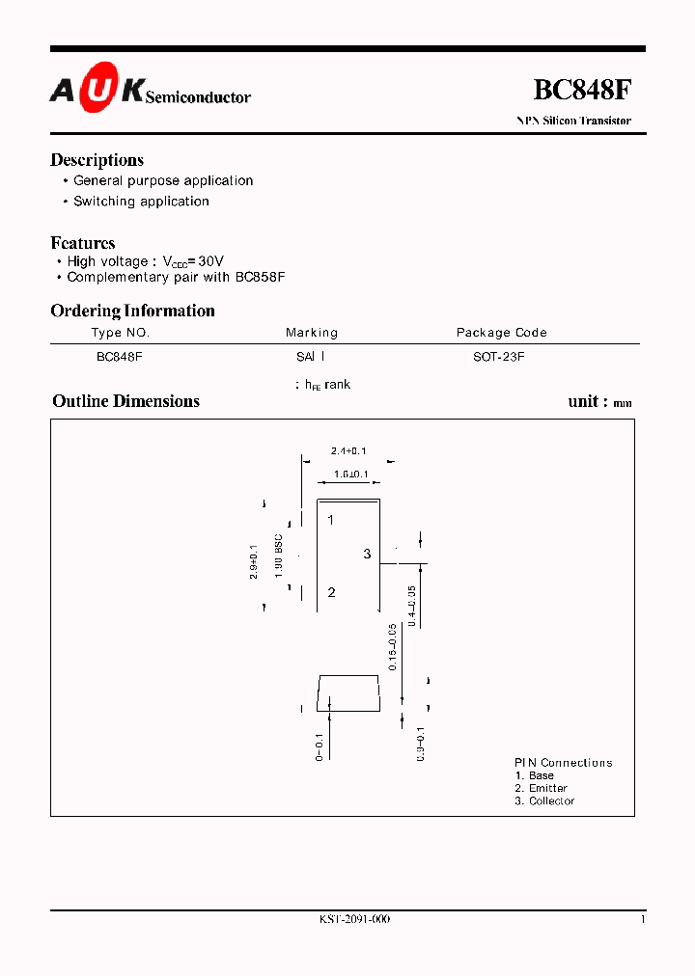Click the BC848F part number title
(x=583, y=90)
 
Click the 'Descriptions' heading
(x=97, y=160)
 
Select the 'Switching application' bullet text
(x=141, y=202)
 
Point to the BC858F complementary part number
(x=261, y=277)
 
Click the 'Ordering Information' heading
(x=132, y=311)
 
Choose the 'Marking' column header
(x=312, y=333)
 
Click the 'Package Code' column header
(x=501, y=333)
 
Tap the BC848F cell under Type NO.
(x=120, y=356)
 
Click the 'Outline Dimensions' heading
(x=125, y=401)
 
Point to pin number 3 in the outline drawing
(x=367, y=554)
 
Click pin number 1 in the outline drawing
(x=330, y=521)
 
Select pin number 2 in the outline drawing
(x=331, y=592)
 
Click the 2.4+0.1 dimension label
(x=348, y=451)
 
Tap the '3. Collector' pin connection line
(x=544, y=801)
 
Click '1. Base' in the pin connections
(x=535, y=776)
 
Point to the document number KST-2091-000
(x=354, y=919)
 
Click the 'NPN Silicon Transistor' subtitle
(x=573, y=122)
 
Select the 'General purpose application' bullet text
(x=163, y=181)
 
